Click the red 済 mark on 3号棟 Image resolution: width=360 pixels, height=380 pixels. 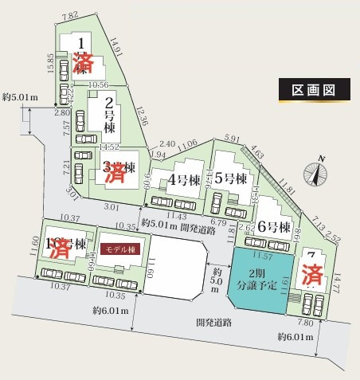point(117,170)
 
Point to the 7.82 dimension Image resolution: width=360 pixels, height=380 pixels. point(70,15)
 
